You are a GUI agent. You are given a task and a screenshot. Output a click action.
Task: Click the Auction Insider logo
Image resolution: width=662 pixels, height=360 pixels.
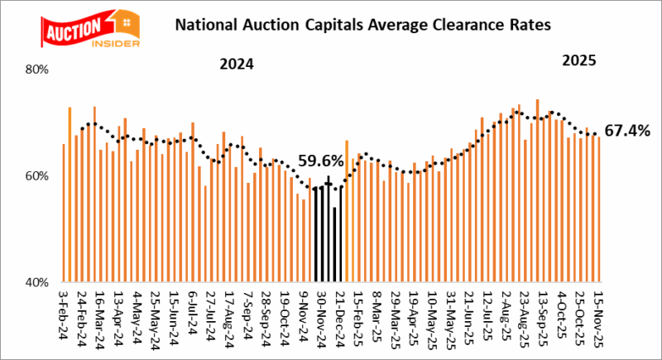tap(77, 30)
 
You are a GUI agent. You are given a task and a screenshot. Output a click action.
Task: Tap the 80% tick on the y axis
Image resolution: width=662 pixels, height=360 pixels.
tap(40, 70)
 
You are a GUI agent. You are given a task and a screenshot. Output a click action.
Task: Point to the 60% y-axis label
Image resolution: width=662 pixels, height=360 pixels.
tap(40, 176)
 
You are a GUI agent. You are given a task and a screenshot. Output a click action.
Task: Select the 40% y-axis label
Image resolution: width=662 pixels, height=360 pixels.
tap(40, 282)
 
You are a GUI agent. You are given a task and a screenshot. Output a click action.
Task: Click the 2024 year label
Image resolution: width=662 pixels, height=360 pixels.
tap(236, 65)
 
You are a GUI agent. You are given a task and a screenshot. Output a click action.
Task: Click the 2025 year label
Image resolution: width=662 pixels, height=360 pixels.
tap(578, 61)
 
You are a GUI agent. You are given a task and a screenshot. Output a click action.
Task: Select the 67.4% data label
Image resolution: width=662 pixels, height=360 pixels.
tap(626, 131)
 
